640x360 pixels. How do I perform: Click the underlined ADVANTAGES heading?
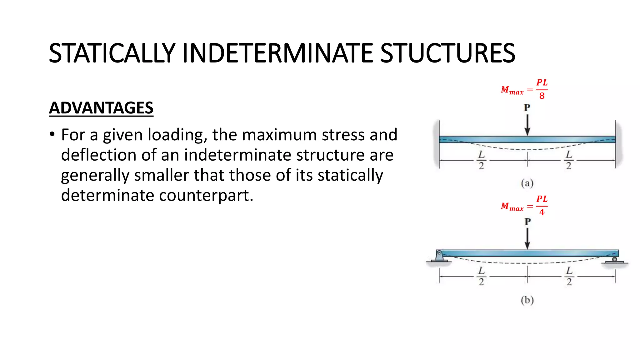coord(101,108)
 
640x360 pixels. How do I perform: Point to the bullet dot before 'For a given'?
coord(52,135)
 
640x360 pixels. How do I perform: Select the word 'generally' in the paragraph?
coord(95,175)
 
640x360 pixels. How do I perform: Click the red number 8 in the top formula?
coord(542,96)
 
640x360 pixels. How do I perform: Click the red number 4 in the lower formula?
coord(542,212)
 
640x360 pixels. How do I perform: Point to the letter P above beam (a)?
coord(527,108)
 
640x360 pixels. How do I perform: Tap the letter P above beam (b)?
coord(527,222)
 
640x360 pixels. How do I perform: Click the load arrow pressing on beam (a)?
coord(527,125)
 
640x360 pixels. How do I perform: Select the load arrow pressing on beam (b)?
coord(527,239)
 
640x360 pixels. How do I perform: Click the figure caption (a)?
coord(527,183)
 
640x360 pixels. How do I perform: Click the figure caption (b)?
coord(527,300)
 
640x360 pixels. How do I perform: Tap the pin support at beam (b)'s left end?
coord(439,257)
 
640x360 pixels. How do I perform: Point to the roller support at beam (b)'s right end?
coord(614,260)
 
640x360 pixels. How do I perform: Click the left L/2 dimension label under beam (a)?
coord(481,160)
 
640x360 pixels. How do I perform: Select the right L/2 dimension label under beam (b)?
coord(569,276)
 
